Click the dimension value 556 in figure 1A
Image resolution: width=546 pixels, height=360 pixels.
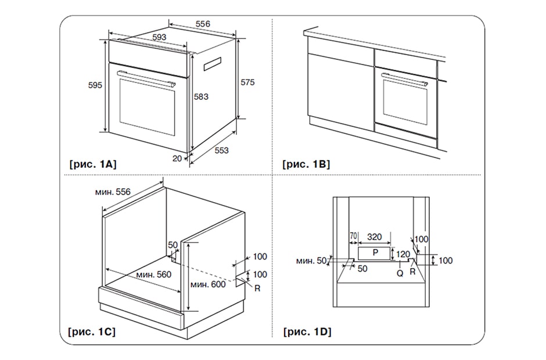coord(203,24)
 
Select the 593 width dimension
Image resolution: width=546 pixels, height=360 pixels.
coord(159,37)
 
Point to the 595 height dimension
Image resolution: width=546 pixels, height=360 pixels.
coord(95,85)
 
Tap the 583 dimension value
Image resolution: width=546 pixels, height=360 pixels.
coord(201,96)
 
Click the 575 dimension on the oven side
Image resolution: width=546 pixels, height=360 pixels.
coord(247,82)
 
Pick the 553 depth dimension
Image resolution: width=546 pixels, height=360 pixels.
coord(221,150)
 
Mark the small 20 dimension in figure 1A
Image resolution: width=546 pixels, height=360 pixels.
coord(177,157)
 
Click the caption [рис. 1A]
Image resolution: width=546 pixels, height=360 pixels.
coord(93,164)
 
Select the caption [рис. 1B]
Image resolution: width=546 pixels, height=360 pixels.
coord(306,164)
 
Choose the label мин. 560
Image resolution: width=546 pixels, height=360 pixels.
coord(153,274)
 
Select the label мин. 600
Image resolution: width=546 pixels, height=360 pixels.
coord(207,284)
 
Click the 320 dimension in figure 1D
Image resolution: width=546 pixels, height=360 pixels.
coord(375,237)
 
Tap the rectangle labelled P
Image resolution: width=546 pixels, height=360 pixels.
coord(375,253)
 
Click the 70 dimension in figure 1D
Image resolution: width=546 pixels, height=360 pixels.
coord(353,237)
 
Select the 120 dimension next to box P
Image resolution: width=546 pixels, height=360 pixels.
coord(403,253)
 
